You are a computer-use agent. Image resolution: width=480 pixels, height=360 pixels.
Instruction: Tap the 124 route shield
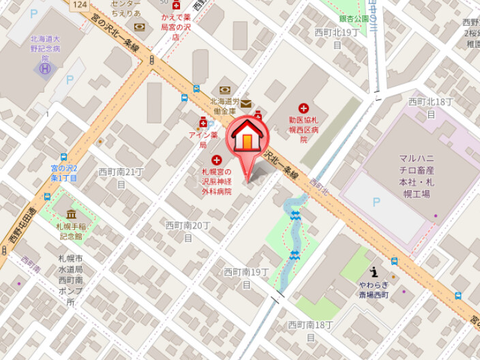pos(80,4)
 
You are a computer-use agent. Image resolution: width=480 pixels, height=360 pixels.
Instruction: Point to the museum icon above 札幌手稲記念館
pos(71,215)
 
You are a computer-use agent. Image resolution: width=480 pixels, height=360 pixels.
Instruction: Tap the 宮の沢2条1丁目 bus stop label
pos(65,172)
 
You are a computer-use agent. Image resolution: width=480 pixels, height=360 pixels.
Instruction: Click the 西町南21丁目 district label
pos(121,177)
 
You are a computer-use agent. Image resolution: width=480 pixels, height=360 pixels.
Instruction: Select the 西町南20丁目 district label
pos(187,231)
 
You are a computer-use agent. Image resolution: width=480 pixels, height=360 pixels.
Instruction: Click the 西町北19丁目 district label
pos(337,38)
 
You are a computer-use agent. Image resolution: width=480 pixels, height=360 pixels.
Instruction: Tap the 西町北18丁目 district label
pos(431,108)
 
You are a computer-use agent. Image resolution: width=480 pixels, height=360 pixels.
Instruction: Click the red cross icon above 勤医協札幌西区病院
pos(303,108)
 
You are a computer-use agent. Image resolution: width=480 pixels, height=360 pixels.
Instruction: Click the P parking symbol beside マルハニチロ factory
pos(376,202)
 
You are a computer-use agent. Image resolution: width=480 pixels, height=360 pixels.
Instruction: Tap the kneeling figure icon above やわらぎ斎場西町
pos(373,271)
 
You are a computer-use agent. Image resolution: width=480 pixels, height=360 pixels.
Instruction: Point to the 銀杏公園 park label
pos(354,19)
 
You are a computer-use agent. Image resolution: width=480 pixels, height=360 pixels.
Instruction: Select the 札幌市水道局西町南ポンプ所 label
pos(70,280)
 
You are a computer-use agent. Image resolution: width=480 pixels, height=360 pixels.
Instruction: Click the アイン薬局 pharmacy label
pos(202,140)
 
